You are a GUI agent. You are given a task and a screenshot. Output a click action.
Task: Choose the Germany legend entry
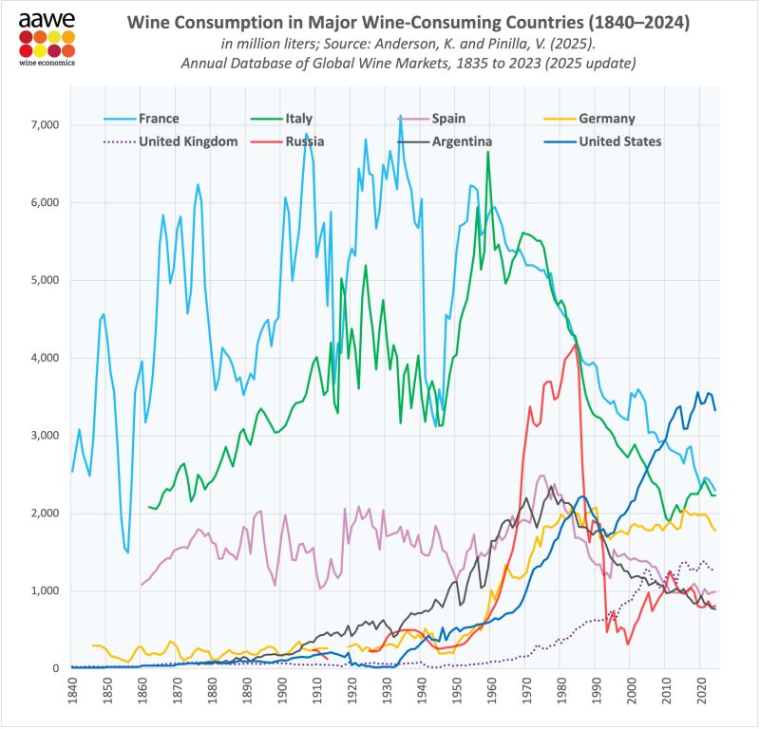coord(606,119)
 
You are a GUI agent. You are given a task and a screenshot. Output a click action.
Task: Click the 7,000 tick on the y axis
coord(44,125)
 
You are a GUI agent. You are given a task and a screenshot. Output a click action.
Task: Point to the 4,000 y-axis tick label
coord(44,358)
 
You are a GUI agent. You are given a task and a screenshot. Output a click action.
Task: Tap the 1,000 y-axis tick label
coord(44,591)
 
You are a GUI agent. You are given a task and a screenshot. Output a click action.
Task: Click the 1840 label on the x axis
coord(72,689)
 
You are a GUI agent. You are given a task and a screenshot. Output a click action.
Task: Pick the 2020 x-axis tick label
coord(699,689)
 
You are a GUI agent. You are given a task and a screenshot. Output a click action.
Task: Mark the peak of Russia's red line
coord(576,344)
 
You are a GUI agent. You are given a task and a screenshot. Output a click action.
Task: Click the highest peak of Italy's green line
coord(488,152)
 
